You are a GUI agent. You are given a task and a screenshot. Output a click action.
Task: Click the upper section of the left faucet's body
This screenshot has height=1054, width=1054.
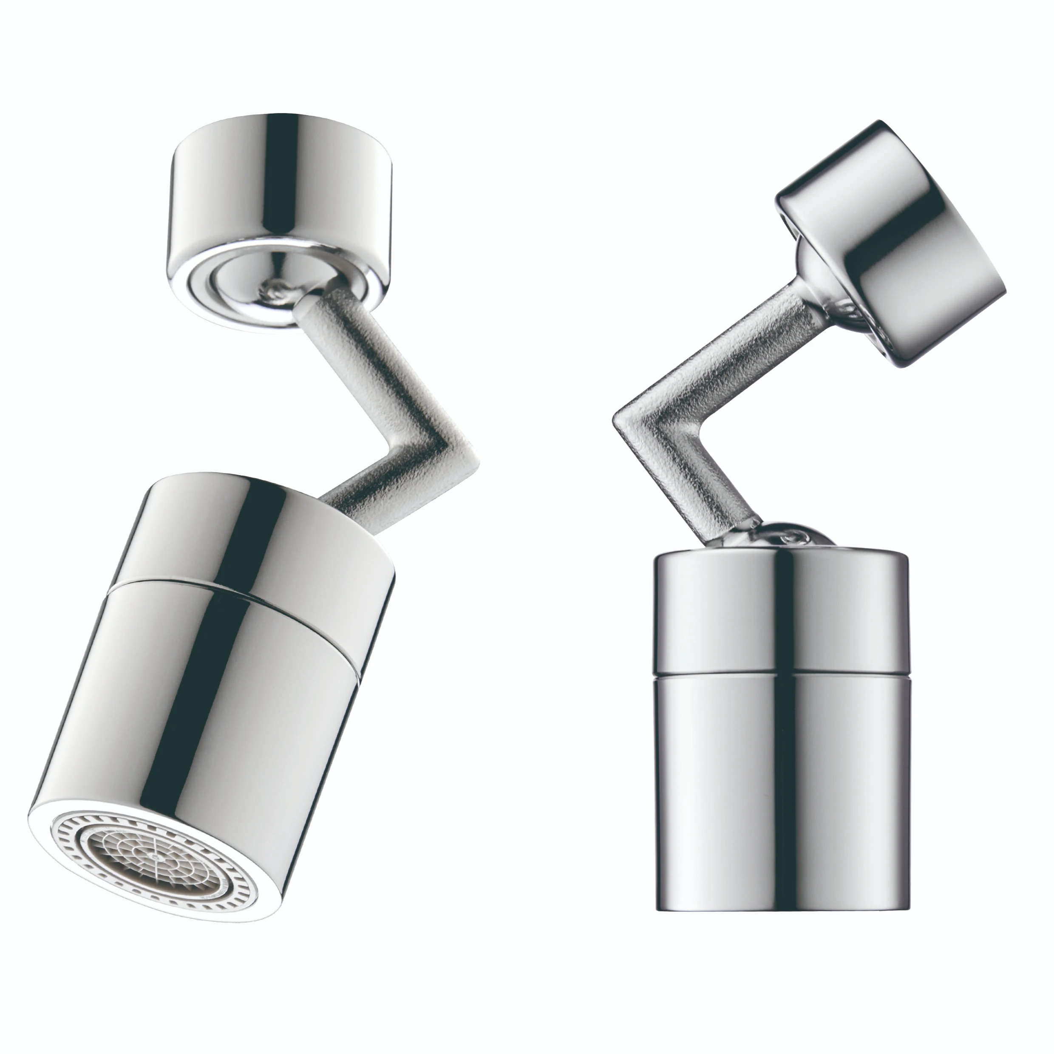[x=262, y=540]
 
